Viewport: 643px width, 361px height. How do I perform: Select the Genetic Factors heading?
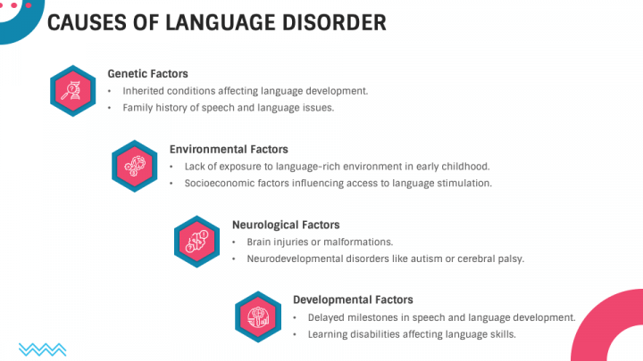tap(147, 74)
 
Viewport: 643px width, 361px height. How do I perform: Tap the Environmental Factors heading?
tap(229, 150)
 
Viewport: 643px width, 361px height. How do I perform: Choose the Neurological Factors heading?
tap(286, 225)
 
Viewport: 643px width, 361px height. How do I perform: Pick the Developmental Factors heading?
tap(353, 300)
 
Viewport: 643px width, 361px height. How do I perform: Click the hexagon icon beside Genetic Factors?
tap(72, 91)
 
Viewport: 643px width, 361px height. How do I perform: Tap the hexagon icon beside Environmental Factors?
tap(135, 166)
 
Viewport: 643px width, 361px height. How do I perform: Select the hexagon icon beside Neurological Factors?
tap(196, 242)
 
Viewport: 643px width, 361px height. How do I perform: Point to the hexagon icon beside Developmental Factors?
tap(258, 316)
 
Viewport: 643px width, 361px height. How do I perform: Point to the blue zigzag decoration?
tap(42, 348)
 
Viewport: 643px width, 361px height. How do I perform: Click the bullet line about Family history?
tap(228, 108)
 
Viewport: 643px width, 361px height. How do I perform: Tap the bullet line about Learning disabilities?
tap(412, 334)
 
